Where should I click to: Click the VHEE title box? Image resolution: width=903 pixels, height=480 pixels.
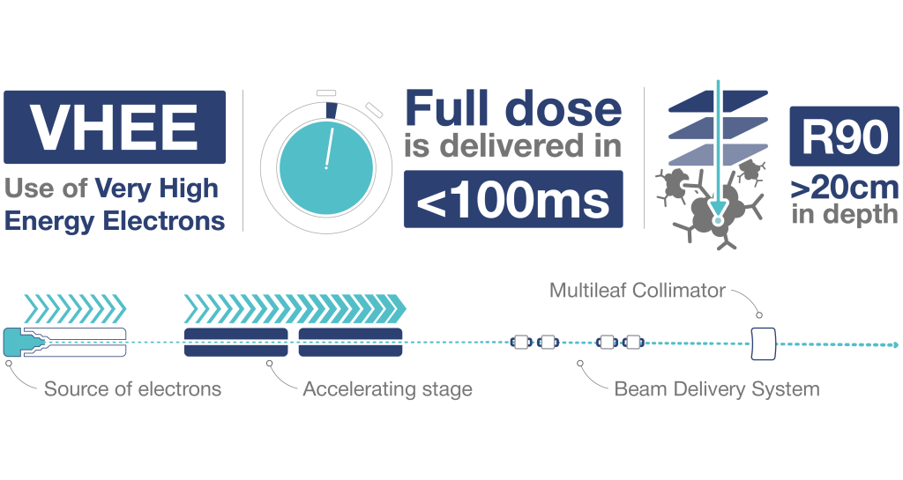point(115,128)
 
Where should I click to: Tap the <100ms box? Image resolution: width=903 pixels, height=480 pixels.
point(512,200)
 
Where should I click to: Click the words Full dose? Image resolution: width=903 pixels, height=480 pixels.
point(512,109)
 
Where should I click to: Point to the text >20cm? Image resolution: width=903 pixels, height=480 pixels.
point(845,188)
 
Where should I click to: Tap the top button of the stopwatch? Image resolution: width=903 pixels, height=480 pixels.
point(326,91)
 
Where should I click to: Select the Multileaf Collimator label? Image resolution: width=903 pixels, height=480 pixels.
point(637,290)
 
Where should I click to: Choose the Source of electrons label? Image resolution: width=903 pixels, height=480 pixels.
point(132,388)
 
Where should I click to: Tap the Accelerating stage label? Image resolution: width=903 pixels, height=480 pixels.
point(387,388)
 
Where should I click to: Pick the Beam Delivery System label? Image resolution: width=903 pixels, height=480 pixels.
point(716,388)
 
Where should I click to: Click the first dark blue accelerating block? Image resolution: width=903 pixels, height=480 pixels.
point(235,342)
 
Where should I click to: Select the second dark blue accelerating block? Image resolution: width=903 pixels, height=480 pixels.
point(350,342)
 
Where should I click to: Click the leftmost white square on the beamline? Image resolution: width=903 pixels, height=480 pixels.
point(520,342)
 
